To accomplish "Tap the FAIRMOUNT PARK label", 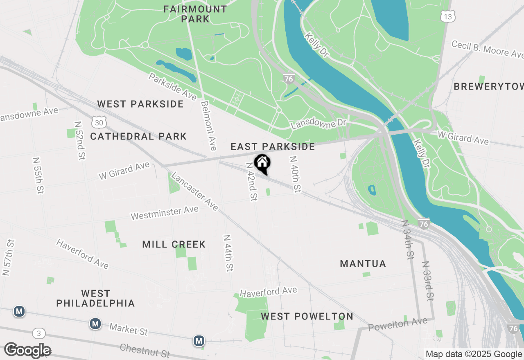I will pyautogui.click(x=195, y=14).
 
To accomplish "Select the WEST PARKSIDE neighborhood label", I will pyautogui.click(x=140, y=104).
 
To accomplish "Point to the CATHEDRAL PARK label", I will pyautogui.click(x=138, y=136).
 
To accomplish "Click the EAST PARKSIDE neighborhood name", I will pyautogui.click(x=273, y=146).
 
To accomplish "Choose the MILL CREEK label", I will pyautogui.click(x=174, y=244).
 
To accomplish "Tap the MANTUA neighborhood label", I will pyautogui.click(x=363, y=263).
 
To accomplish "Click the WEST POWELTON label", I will pyautogui.click(x=307, y=316).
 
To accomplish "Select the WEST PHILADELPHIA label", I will pyautogui.click(x=95, y=298).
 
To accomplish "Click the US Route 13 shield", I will pyautogui.click(x=448, y=16).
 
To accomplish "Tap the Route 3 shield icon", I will pyautogui.click(x=38, y=334).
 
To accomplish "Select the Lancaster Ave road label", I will pyautogui.click(x=194, y=191).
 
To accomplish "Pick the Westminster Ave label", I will pyautogui.click(x=165, y=213).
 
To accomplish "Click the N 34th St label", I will pyautogui.click(x=408, y=240).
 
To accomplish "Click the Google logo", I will pyautogui.click(x=27, y=350).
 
